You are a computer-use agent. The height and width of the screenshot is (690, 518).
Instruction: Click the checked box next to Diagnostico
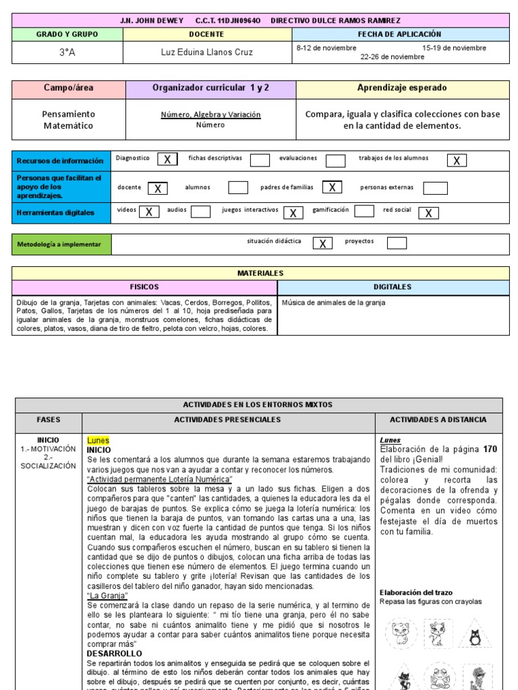coord(167,159)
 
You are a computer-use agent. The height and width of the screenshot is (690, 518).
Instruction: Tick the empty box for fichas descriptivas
coord(260,160)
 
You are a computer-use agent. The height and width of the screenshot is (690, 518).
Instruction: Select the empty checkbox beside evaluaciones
coord(335,160)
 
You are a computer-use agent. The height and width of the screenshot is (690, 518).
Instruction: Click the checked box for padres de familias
coord(332,187)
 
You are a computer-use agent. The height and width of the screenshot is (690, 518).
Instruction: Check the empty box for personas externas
coord(435,188)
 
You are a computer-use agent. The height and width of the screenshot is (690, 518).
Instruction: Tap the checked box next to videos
coord(148,212)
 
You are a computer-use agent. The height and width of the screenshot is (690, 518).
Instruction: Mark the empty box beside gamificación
coord(364,211)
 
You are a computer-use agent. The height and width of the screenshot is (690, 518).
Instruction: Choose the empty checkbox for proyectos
coord(397,243)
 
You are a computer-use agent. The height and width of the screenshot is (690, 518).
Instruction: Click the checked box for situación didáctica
coord(322,243)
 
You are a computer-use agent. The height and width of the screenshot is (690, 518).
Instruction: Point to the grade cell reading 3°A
coord(67,52)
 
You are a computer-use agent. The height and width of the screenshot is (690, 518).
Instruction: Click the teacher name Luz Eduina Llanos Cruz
coord(206,52)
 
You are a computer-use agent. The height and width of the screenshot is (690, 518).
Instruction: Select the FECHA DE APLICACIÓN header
coord(399,34)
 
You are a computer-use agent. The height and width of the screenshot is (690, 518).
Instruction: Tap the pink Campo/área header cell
coord(69,88)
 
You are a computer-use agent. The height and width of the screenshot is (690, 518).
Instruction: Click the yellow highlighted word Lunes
coord(98,440)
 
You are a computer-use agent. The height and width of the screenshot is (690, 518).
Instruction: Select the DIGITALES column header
coord(393,286)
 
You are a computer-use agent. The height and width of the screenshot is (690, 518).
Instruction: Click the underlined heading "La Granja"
coord(107,596)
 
